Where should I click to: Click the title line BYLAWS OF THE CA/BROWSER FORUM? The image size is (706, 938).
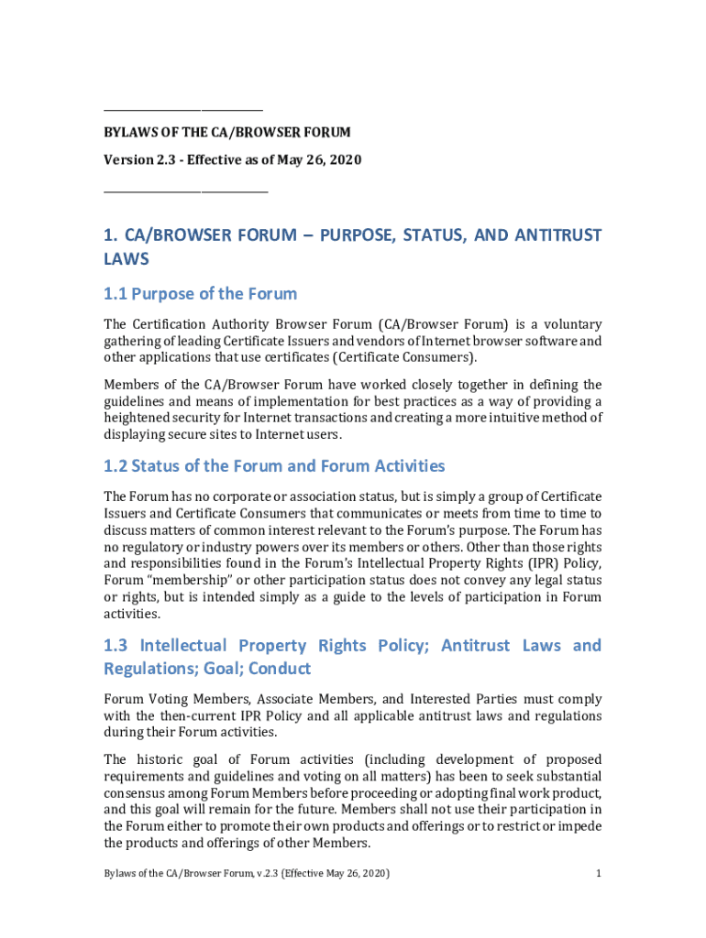click(226, 133)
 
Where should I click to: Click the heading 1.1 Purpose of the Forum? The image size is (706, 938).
click(200, 294)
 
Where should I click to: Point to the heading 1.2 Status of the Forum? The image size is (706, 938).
click(274, 466)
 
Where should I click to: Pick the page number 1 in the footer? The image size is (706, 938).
click(598, 873)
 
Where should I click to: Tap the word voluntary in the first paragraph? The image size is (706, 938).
click(569, 323)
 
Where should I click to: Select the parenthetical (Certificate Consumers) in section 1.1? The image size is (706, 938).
click(405, 357)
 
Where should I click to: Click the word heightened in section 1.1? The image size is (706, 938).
click(137, 418)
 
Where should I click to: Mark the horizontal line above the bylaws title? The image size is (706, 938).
click(183, 109)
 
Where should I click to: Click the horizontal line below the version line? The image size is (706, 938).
click(185, 191)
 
